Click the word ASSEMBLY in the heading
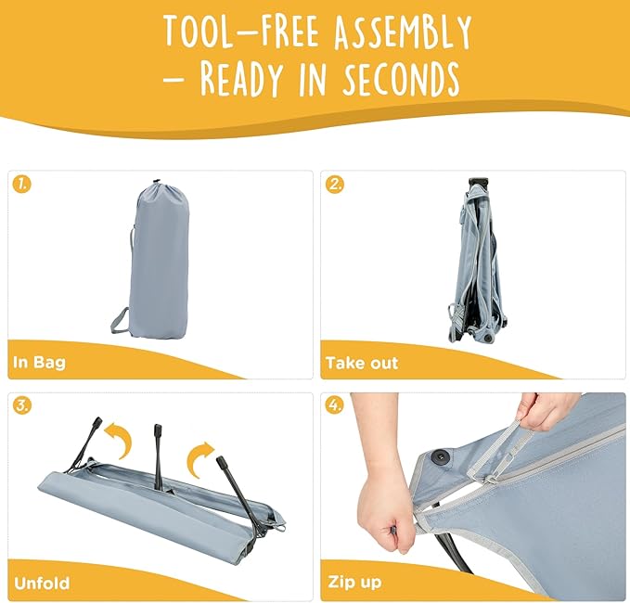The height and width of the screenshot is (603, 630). pyautogui.click(x=403, y=32)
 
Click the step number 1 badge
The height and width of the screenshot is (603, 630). pyautogui.click(x=21, y=185)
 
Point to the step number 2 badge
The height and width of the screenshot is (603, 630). pyautogui.click(x=334, y=185)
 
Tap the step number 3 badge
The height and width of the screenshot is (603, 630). pyautogui.click(x=21, y=405)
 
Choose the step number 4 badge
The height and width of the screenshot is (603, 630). pyautogui.click(x=334, y=405)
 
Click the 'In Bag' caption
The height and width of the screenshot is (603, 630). pyautogui.click(x=39, y=363)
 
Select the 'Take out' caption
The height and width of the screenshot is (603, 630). pyautogui.click(x=362, y=363)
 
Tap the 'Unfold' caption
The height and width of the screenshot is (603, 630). pyautogui.click(x=42, y=583)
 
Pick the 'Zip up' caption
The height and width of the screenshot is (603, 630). pyautogui.click(x=354, y=582)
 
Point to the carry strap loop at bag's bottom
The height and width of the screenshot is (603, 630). pyautogui.click(x=120, y=321)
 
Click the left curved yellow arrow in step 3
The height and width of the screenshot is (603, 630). pyautogui.click(x=121, y=440)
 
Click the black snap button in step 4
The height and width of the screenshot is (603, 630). pyautogui.click(x=441, y=456)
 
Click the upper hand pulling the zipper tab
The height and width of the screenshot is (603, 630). pyautogui.click(x=548, y=411)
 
